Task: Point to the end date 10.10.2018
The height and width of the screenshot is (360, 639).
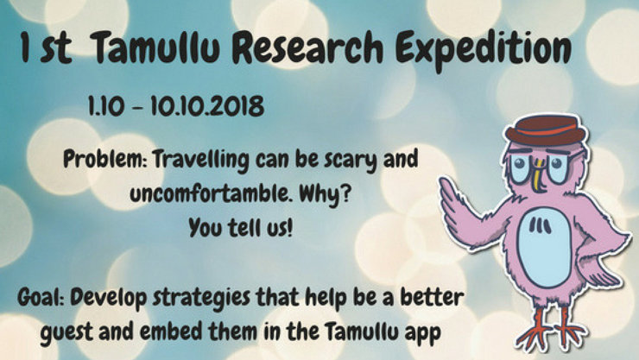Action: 207,106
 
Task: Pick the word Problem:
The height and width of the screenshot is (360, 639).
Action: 105,160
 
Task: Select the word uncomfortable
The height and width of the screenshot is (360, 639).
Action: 211,194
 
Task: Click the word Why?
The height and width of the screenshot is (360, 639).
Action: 325,194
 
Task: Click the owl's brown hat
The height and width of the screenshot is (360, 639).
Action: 546,130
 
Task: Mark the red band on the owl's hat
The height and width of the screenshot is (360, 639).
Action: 545,131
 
